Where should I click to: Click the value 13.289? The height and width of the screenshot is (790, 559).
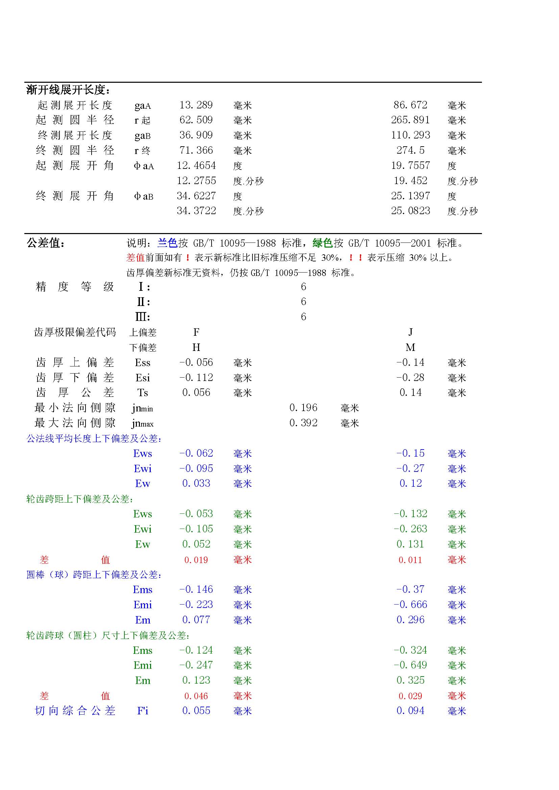[196, 105]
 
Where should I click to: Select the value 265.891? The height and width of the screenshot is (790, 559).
[410, 120]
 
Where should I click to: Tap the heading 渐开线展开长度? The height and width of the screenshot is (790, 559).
[68, 90]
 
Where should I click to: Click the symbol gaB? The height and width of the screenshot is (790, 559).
[143, 135]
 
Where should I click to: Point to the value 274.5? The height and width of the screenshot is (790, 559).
[410, 150]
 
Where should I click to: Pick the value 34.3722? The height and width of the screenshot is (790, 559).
[196, 210]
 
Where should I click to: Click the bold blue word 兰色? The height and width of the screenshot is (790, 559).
[167, 243]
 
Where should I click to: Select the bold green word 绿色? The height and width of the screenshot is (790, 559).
[322, 243]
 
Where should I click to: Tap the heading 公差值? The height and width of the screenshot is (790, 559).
[45, 243]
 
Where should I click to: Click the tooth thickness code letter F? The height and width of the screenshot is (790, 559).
[196, 332]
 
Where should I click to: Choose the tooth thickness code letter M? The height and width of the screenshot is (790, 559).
[410, 347]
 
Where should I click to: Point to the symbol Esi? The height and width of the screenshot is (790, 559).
[143, 378]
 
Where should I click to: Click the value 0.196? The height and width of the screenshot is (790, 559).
[303, 408]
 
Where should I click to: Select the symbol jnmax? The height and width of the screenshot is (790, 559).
[143, 423]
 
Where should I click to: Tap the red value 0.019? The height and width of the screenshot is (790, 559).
[196, 560]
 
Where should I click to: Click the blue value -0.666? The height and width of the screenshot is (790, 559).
[410, 605]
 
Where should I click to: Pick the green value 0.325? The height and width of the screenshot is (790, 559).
[410, 680]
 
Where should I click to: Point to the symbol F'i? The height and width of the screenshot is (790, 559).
[143, 711]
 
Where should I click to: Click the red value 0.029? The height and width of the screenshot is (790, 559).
[410, 696]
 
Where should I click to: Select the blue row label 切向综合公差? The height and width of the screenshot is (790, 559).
[75, 711]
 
